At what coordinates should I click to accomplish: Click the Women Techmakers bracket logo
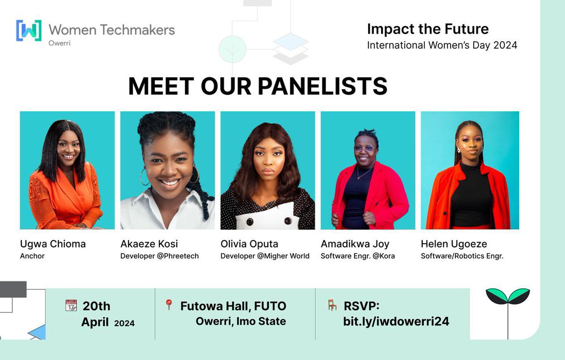pyautogui.click(x=29, y=31)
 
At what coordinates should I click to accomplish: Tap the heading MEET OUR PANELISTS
pyautogui.click(x=258, y=87)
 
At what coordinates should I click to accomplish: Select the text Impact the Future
pyautogui.click(x=428, y=29)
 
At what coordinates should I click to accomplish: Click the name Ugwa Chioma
pyautogui.click(x=53, y=244)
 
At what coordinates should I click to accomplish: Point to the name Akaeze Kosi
pyautogui.click(x=149, y=244)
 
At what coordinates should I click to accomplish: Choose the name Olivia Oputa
pyautogui.click(x=249, y=244)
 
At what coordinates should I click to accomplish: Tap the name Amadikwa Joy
pyautogui.click(x=355, y=244)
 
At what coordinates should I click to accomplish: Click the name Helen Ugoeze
pyautogui.click(x=453, y=244)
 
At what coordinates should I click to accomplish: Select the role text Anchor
pyautogui.click(x=32, y=256)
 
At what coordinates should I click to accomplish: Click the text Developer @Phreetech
pyautogui.click(x=160, y=256)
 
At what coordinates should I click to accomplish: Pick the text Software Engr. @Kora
pyautogui.click(x=358, y=256)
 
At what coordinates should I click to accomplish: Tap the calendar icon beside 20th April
pyautogui.click(x=71, y=305)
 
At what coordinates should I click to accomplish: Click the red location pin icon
pyautogui.click(x=169, y=305)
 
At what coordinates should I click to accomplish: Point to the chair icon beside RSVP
pyautogui.click(x=332, y=305)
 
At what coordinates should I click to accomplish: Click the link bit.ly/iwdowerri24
pyautogui.click(x=396, y=321)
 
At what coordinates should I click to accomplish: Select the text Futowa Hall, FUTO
pyautogui.click(x=233, y=306)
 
